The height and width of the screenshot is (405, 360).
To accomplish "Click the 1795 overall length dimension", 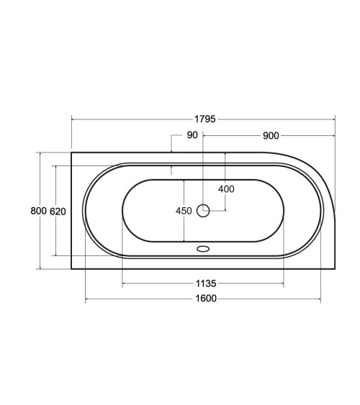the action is point(204,119).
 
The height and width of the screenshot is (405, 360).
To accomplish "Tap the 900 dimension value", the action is point(271,136).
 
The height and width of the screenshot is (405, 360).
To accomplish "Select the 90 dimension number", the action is point(192,135).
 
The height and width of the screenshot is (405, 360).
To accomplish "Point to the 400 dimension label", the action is point(226,189).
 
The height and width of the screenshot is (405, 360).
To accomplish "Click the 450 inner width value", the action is point(184,211).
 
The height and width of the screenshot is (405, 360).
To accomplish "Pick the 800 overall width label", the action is point(38,211).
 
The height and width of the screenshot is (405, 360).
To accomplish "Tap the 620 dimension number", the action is point(58,211).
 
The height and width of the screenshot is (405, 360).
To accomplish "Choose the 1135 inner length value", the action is point(206,283).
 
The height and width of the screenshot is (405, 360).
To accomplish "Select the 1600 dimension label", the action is point(206,299).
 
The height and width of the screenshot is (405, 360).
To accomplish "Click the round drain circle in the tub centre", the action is point(203,211).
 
